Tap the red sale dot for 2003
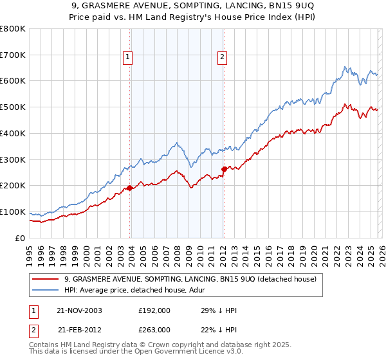coord(129,188)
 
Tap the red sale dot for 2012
coord(223,169)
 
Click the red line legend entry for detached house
coord(190,280)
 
